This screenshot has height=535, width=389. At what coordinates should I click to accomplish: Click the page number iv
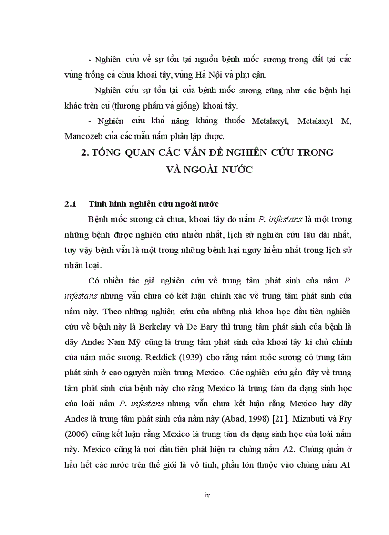point(207,495)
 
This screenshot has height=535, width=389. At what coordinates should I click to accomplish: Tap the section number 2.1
point(71,204)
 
